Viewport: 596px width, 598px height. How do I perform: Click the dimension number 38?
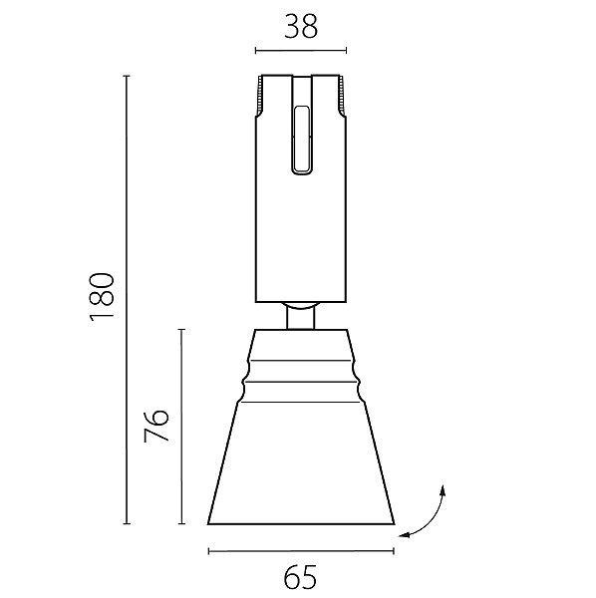point(301,27)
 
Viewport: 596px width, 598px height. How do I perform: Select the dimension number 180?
point(102,297)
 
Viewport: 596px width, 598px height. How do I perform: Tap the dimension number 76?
point(155,426)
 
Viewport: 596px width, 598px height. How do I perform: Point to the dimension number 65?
point(300,577)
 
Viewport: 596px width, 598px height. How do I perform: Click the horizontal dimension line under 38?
point(301,51)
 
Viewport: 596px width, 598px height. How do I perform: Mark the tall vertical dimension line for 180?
point(127,300)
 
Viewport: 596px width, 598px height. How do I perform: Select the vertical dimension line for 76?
point(181,427)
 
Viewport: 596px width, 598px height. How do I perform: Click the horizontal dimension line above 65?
point(301,551)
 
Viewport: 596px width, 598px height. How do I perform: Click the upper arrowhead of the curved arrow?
point(443,489)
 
